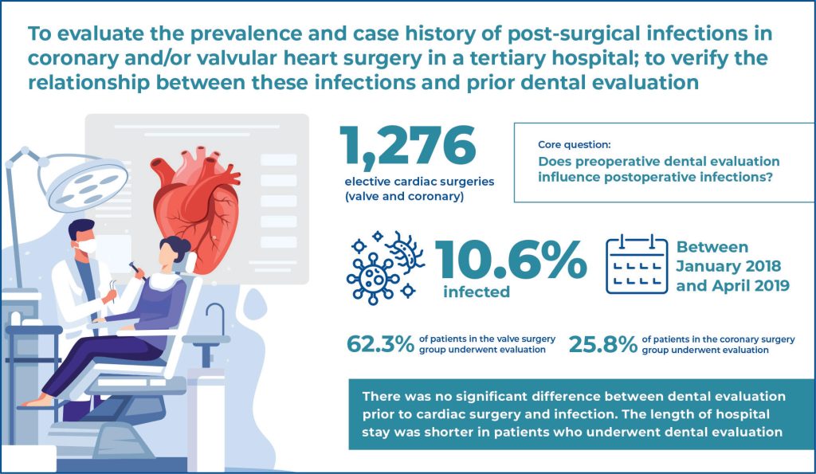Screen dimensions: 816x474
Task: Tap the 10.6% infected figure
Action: (511, 260)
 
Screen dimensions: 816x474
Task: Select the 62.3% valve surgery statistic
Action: (380, 344)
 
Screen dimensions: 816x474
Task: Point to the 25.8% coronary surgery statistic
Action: (603, 344)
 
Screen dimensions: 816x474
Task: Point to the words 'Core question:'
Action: (575, 145)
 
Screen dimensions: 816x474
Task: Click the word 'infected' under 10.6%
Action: (477, 292)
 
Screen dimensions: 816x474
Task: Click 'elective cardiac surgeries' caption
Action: (419, 182)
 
